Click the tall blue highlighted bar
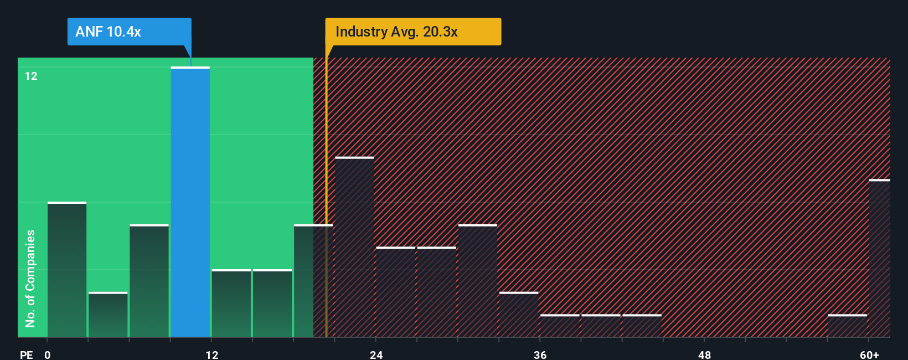[x=190, y=202]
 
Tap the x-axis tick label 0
[x=48, y=354]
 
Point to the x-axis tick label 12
[x=211, y=354]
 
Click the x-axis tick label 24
[x=376, y=354]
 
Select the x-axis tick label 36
[x=540, y=354]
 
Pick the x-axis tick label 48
[x=704, y=354]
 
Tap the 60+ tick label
[x=869, y=354]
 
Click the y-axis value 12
[x=31, y=76]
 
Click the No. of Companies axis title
[x=30, y=278]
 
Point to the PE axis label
[x=26, y=354]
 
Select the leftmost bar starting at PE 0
[x=67, y=270]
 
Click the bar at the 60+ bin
[x=879, y=259]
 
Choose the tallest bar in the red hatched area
[x=354, y=247]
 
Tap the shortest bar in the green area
[x=108, y=315]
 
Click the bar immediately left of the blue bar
[x=149, y=281]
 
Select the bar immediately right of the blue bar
[x=231, y=304]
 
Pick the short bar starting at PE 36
[x=560, y=326]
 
